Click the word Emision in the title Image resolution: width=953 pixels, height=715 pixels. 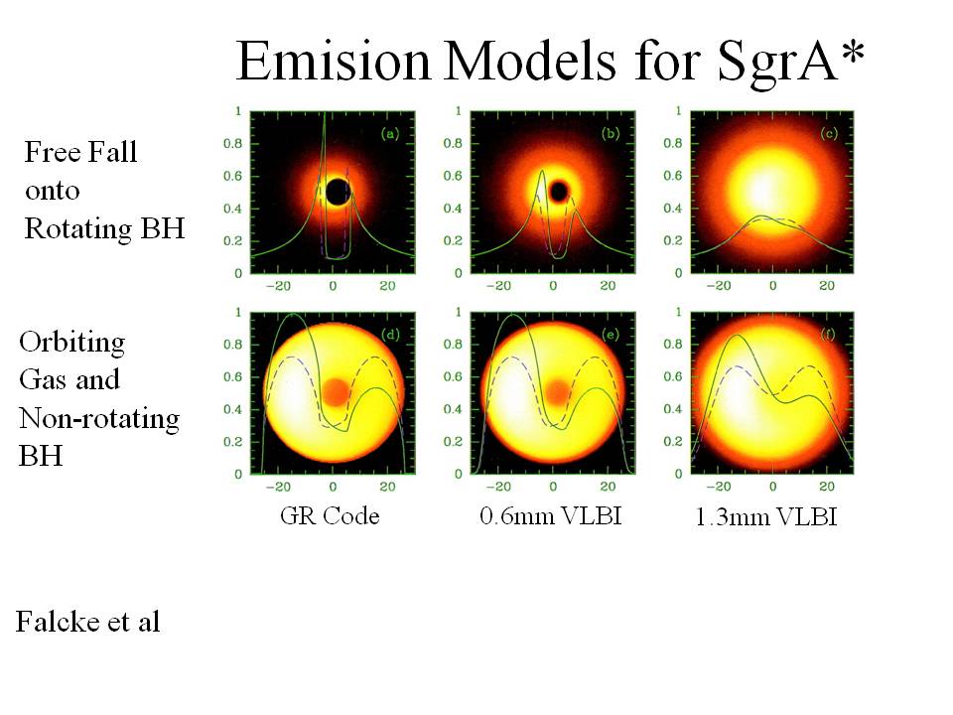(334, 61)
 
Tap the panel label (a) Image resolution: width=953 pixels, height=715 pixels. (389, 134)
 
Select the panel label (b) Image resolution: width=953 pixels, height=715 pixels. (610, 134)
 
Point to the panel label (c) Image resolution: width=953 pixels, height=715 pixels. (828, 134)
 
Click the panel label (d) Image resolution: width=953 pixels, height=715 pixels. (389, 335)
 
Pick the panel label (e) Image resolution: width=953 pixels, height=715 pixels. (610, 335)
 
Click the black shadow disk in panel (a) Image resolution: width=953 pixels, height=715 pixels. (338, 192)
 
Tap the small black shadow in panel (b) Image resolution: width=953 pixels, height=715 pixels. (559, 192)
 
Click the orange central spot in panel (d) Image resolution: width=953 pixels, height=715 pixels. (335, 392)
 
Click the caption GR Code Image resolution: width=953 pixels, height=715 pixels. (330, 516)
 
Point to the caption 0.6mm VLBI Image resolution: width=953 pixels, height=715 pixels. (551, 516)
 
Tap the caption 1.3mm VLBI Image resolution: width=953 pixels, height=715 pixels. (766, 516)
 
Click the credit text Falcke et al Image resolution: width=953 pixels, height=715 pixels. (88, 622)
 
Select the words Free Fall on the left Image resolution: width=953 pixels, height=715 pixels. (80, 152)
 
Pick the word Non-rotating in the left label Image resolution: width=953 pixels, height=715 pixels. (99, 418)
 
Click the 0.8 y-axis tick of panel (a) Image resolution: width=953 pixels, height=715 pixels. (232, 143)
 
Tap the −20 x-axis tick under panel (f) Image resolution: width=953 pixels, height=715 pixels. (718, 487)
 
